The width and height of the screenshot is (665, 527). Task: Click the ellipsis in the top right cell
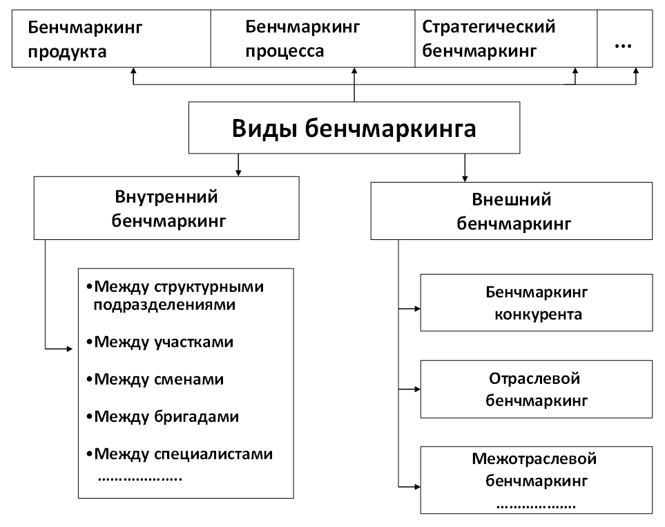623,43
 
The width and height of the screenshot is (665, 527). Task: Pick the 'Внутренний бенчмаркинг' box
166,208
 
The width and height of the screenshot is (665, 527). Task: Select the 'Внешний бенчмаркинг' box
511,212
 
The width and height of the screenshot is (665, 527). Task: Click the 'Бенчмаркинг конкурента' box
537,303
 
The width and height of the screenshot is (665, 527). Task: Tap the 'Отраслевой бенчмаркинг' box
537,389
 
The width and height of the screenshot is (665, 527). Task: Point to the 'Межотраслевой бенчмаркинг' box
537,479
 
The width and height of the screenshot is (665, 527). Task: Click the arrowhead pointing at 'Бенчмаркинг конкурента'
416,308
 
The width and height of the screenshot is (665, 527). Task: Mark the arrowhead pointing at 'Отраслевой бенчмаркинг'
416,389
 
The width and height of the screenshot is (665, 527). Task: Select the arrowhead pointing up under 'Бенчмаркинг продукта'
134,71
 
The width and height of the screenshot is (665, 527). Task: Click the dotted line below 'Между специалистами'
139,477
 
